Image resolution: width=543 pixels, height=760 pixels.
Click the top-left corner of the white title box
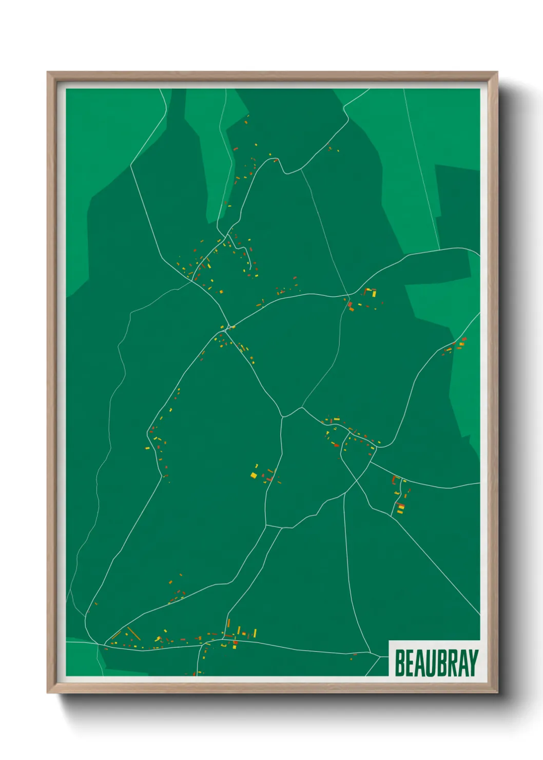[390, 641]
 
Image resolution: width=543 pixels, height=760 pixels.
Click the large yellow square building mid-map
[254, 475]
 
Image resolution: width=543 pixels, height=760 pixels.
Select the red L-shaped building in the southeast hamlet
[394, 480]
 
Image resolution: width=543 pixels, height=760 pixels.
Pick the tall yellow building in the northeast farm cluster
[374, 294]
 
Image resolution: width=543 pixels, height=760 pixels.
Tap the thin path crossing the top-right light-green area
[421, 169]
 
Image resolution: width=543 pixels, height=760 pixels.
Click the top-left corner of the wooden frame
[48, 72]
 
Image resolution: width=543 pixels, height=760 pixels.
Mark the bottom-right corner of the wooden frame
[497, 693]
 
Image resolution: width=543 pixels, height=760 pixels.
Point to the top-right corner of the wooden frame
[497, 72]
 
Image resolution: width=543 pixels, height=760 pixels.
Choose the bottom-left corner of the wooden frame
[48, 693]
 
